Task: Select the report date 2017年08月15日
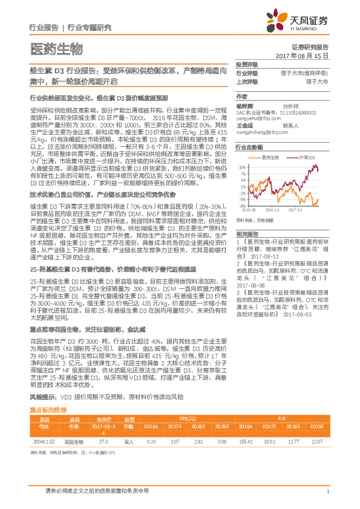click(x=305, y=55)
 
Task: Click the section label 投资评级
click(x=247, y=64)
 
